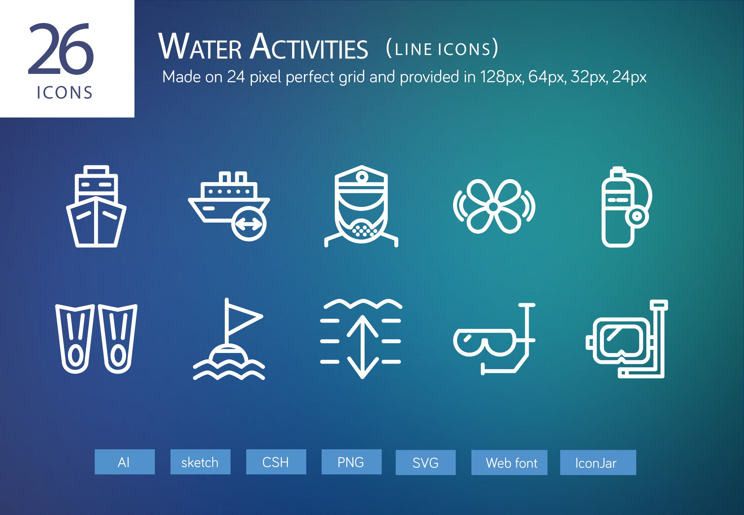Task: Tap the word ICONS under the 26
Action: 64,93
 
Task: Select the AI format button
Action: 124,462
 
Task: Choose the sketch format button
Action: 200,462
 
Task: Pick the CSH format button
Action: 276,462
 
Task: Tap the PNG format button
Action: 351,462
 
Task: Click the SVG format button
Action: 425,463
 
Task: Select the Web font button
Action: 509,463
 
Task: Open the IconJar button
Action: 598,463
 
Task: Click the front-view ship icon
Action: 96,206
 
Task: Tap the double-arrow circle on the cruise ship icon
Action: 249,224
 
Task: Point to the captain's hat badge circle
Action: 362,177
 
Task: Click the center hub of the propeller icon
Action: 493,207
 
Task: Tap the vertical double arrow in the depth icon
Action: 362,347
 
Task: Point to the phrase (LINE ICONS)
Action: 442,49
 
